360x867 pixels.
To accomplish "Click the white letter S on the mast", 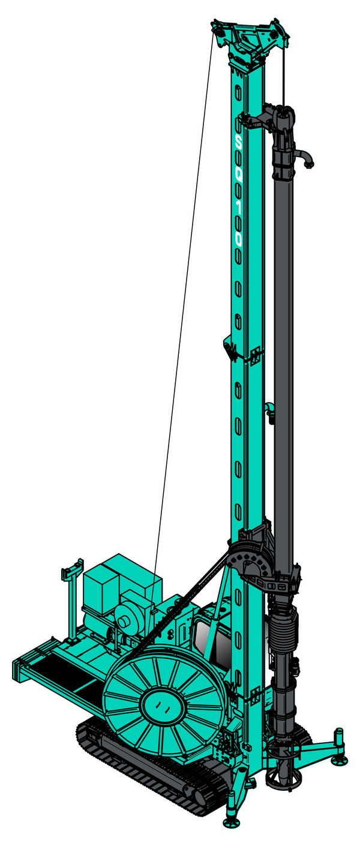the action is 239,144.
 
